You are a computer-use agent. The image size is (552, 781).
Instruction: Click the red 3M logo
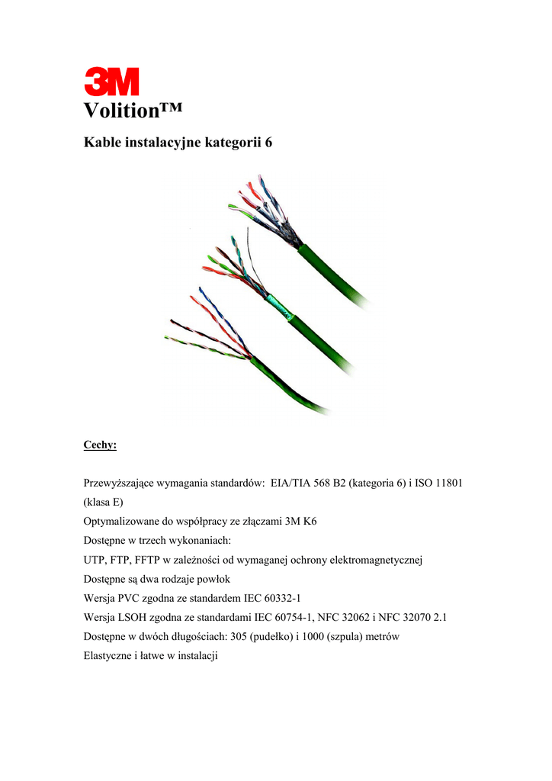tap(111, 82)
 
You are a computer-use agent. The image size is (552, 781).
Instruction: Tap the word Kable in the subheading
tap(100, 143)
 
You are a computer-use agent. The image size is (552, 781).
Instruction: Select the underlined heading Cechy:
tap(100, 445)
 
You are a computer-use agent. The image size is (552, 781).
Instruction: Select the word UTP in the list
tap(95, 561)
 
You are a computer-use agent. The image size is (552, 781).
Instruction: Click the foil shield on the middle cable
tap(278, 308)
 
